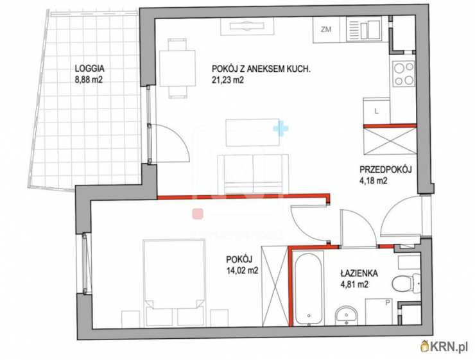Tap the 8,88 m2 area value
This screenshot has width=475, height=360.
click(x=89, y=81)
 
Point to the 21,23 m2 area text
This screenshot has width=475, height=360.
click(x=230, y=81)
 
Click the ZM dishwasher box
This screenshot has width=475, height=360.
click(x=326, y=29)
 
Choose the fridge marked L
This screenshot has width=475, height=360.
click(x=377, y=110)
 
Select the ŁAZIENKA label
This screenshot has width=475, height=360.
click(x=359, y=272)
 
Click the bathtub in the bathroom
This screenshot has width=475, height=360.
click(x=308, y=287)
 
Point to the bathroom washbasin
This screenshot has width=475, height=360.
click(x=347, y=314)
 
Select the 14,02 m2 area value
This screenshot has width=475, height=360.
click(x=242, y=271)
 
